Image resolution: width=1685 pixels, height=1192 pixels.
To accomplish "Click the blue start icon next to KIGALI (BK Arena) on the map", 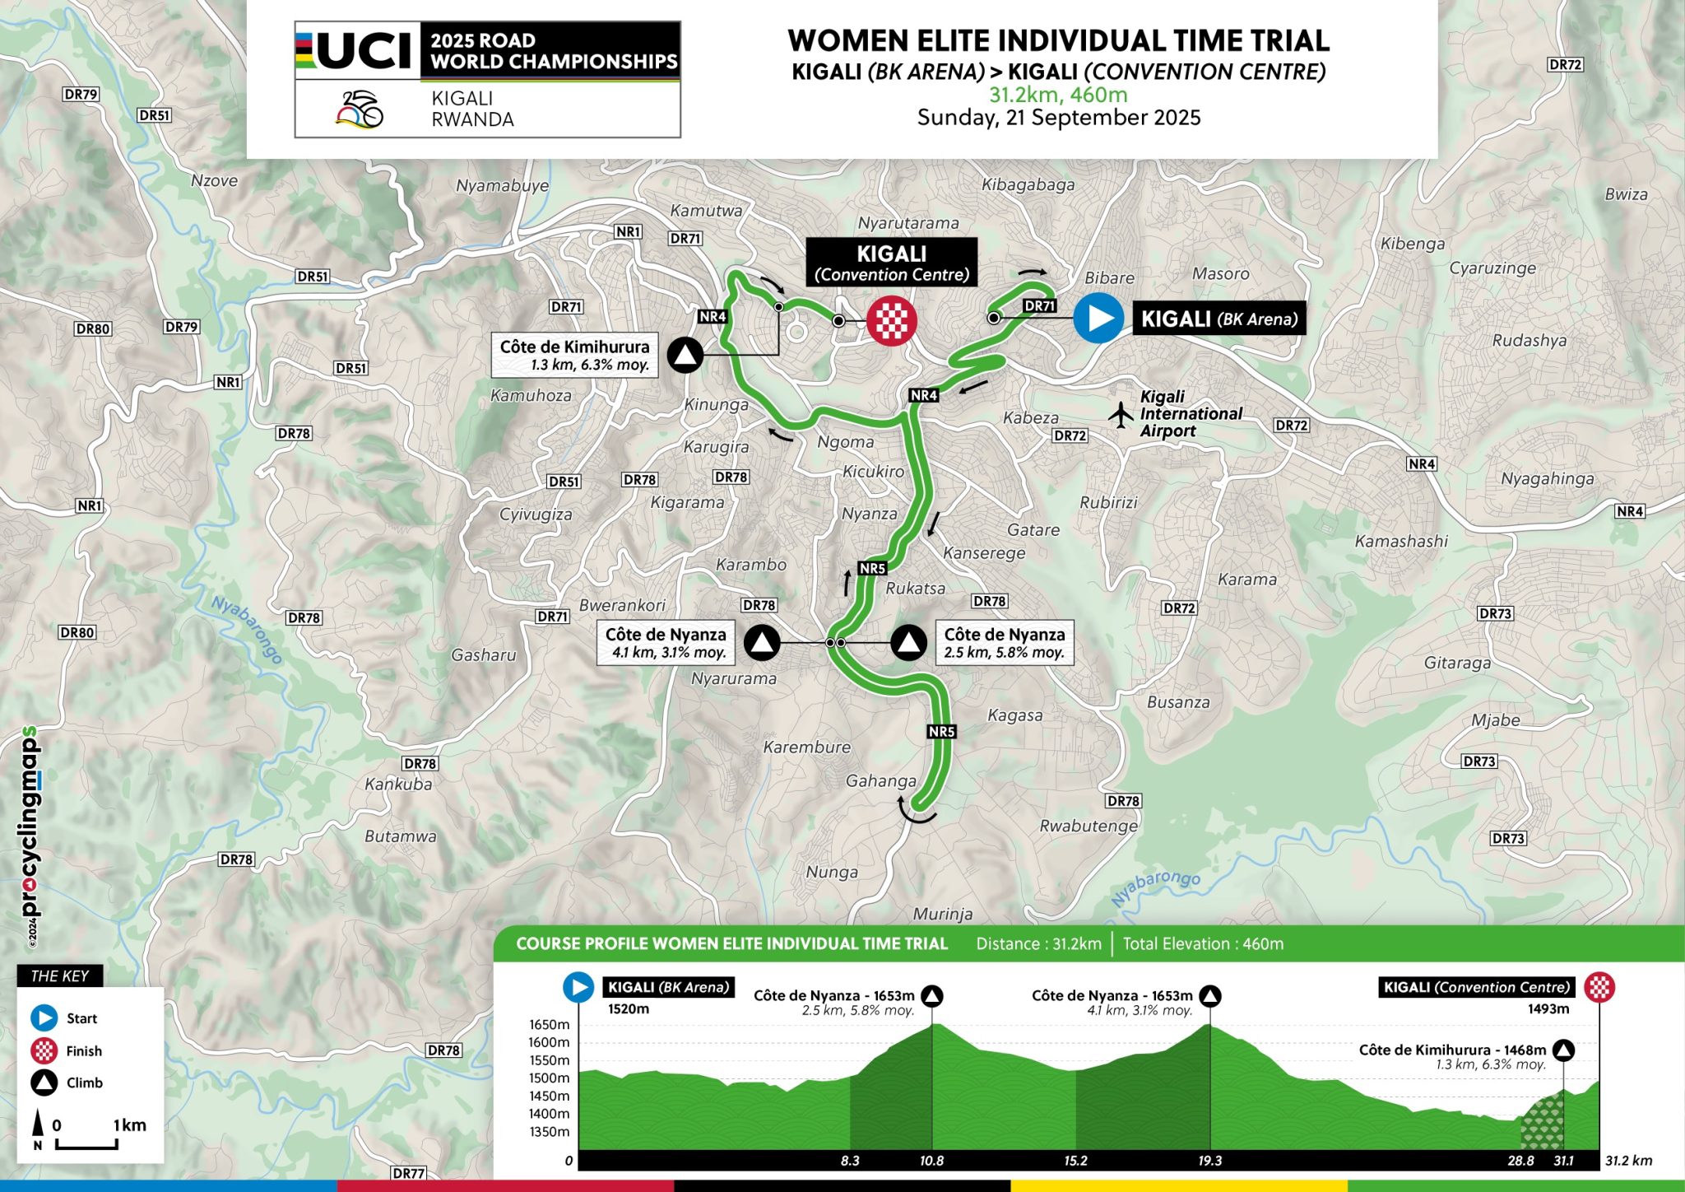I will click(1098, 318).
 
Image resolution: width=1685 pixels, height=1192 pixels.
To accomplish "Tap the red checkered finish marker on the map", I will click(891, 321).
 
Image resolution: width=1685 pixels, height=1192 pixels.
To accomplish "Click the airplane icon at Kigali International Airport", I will click(1121, 414).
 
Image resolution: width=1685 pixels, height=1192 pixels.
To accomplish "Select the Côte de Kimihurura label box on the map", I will click(574, 355).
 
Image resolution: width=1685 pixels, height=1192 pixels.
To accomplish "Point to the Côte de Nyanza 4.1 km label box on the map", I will click(666, 643).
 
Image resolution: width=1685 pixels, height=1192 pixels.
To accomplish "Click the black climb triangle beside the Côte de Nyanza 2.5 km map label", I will click(909, 642).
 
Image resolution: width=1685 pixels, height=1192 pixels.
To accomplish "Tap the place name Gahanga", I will click(880, 780).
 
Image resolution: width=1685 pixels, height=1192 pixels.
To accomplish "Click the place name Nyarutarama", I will click(907, 222).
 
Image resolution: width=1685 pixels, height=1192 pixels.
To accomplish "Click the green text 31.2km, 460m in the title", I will click(1058, 95).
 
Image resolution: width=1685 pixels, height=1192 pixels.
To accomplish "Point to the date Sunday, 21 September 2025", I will click(1058, 118).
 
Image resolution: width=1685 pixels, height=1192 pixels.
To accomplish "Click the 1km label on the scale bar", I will click(130, 1124).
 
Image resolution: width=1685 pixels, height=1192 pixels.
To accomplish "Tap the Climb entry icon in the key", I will click(44, 1083).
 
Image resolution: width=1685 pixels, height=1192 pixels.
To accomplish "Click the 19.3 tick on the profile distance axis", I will click(1209, 1161).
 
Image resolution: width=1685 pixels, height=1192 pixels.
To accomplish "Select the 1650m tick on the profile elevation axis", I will click(549, 1024).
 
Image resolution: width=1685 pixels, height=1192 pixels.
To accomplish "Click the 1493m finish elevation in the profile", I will click(1548, 1008).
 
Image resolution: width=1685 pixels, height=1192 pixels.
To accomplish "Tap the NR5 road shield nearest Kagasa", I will click(941, 731).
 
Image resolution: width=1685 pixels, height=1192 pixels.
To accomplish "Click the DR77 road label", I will click(409, 1173).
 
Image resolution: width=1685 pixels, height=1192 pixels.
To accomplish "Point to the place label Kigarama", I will click(687, 502).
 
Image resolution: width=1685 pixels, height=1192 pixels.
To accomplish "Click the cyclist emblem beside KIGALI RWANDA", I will click(360, 109).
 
